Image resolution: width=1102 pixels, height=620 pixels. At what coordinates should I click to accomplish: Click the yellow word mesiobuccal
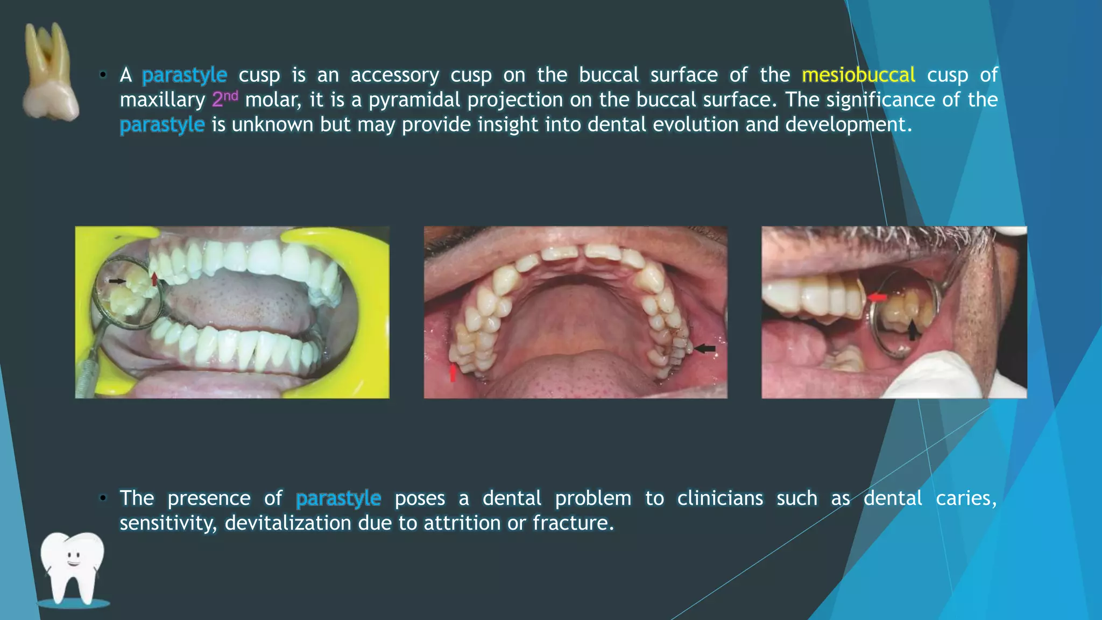[x=858, y=75]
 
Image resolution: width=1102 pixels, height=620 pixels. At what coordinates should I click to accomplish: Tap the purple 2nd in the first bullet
[x=225, y=99]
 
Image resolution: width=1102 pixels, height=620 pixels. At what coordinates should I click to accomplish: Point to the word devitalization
[x=288, y=523]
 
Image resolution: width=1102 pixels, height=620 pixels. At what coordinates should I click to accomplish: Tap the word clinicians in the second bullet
[x=720, y=498]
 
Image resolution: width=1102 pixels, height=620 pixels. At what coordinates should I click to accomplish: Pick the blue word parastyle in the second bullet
[x=338, y=498]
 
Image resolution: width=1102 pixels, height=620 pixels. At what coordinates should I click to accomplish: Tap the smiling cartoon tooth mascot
[x=73, y=568]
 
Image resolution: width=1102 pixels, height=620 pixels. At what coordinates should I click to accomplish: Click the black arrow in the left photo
[x=117, y=281]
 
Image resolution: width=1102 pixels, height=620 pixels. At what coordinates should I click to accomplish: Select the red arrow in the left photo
[x=155, y=279]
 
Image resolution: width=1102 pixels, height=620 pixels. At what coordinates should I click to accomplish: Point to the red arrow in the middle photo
[x=453, y=372]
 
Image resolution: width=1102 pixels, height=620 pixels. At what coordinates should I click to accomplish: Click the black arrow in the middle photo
[x=705, y=349]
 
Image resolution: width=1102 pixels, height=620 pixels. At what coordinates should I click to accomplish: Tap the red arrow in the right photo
[x=877, y=297]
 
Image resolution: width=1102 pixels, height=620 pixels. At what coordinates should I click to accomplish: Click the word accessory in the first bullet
[x=394, y=75]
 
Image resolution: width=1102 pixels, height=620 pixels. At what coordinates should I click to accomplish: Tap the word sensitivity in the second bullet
[x=168, y=523]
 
